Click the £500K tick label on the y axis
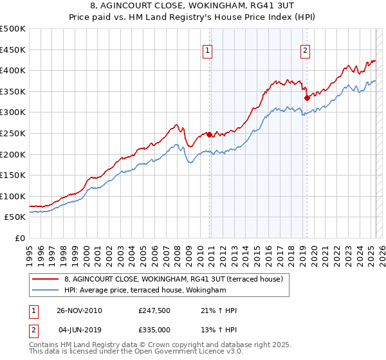13,29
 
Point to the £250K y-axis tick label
13,133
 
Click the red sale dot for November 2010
210,135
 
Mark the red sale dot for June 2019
307,98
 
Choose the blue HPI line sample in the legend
46,291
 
